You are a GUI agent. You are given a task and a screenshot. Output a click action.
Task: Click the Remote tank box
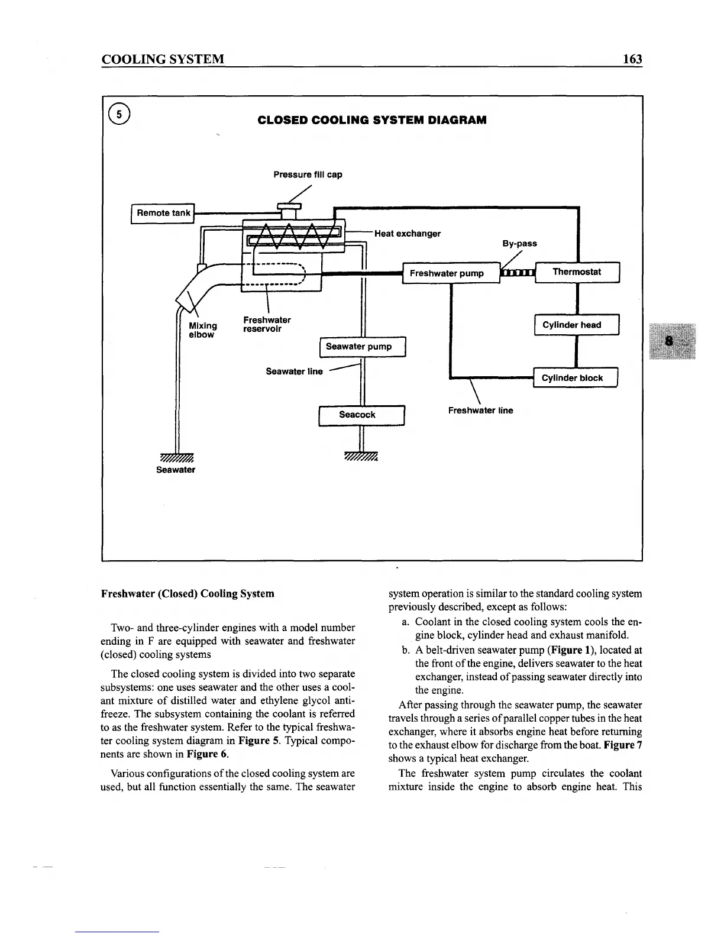coord(163,213)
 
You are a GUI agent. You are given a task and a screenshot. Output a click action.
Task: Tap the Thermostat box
coord(577,272)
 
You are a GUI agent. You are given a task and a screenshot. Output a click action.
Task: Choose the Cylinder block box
coord(575,378)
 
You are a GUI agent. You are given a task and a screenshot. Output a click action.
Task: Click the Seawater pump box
coord(362,347)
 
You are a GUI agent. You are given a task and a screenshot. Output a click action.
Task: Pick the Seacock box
coord(361,415)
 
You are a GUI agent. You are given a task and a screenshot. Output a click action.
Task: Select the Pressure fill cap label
coord(308,175)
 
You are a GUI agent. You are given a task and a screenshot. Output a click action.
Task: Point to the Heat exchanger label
coord(408,233)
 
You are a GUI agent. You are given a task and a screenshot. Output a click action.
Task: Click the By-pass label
coord(519,243)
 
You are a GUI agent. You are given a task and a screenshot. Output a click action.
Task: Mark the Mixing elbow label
coord(202,330)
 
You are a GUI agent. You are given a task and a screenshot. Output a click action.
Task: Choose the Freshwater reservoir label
coord(267,324)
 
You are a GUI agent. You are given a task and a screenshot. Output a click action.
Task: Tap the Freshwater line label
coord(480,411)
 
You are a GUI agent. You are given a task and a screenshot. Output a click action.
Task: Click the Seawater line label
coord(294,371)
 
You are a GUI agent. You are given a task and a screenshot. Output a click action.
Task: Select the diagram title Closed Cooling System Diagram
coord(372,120)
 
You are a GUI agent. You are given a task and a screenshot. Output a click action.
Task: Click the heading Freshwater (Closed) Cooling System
coord(188,593)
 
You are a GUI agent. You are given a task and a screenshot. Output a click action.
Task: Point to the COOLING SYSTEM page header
coord(163,59)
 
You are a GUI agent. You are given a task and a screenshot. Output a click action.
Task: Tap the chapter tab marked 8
coord(671,341)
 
